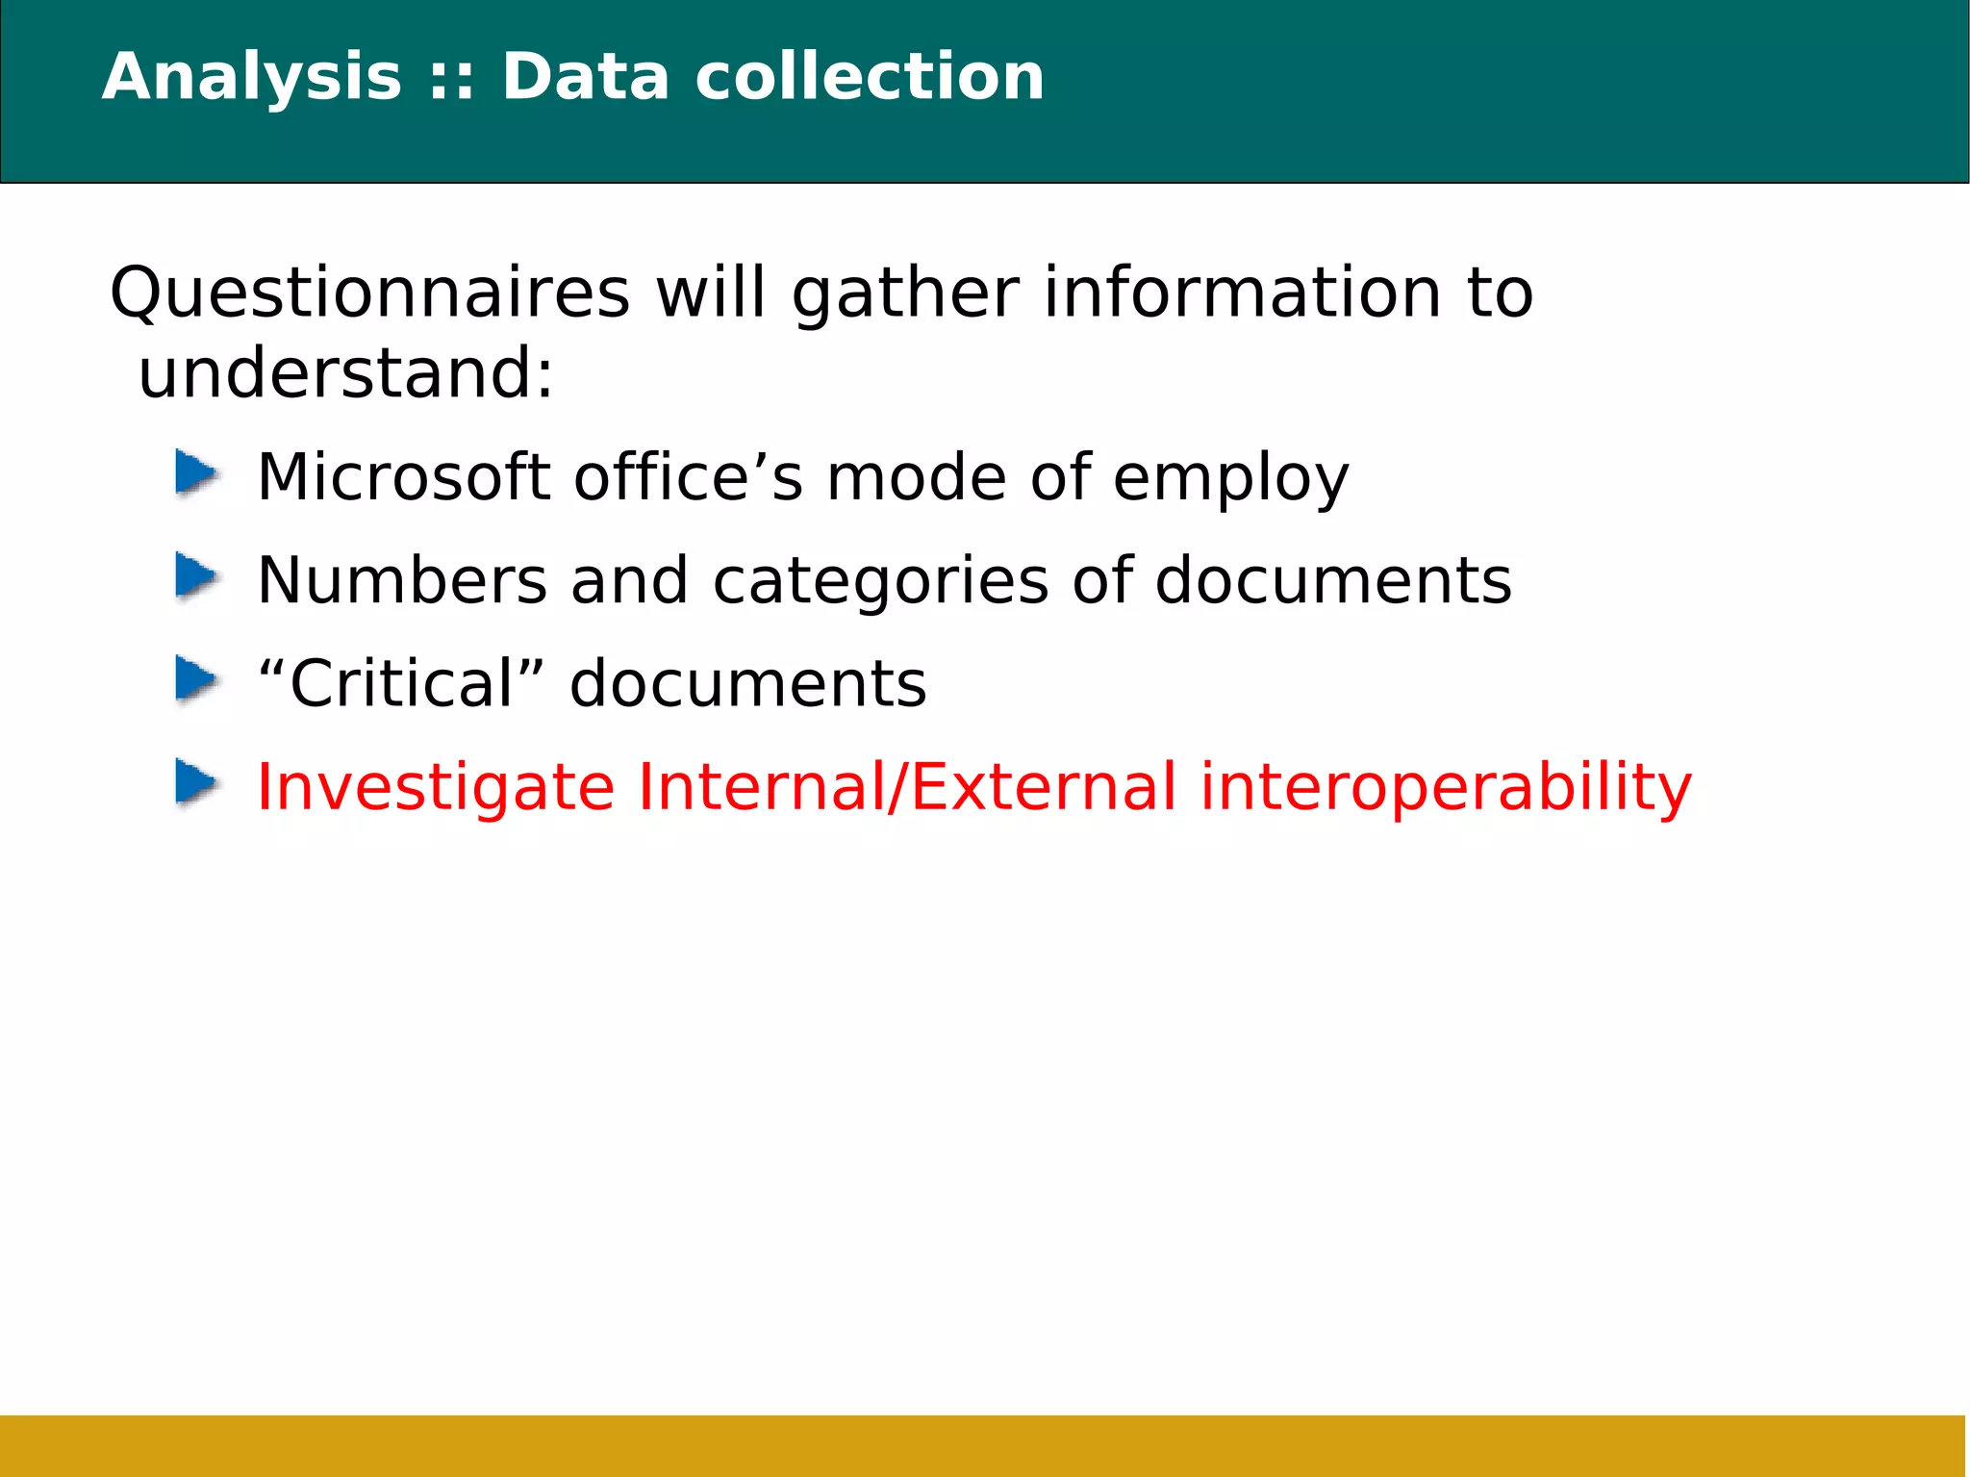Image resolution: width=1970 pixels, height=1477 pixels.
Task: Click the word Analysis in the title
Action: (x=252, y=77)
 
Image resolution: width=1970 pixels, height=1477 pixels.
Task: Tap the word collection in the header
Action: (x=870, y=77)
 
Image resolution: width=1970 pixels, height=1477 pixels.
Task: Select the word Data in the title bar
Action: (x=585, y=77)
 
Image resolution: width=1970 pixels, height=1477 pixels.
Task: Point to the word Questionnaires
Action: (x=370, y=293)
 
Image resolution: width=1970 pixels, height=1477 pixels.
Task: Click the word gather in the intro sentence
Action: (x=905, y=294)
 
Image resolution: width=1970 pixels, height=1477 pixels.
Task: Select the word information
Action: (x=1242, y=293)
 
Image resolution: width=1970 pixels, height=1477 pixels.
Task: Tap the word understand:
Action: (x=346, y=373)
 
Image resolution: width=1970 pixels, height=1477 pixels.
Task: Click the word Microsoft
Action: (x=404, y=477)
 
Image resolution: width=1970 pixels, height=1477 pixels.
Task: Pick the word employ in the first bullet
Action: (x=1231, y=479)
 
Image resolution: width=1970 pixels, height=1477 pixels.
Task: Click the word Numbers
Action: (x=402, y=580)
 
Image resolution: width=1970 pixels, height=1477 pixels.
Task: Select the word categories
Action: (x=880, y=582)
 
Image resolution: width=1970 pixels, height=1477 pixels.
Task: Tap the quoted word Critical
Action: (x=402, y=683)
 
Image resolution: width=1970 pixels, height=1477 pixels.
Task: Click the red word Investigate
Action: (x=436, y=787)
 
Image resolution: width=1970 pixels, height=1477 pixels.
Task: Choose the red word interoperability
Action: (x=1446, y=788)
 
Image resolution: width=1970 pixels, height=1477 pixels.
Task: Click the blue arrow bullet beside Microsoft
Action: (x=197, y=474)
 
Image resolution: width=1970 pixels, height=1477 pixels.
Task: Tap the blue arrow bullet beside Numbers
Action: (x=197, y=577)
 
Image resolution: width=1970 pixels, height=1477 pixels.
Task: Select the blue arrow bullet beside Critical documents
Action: (x=197, y=680)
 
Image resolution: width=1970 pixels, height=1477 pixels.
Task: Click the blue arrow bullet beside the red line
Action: (x=197, y=782)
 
